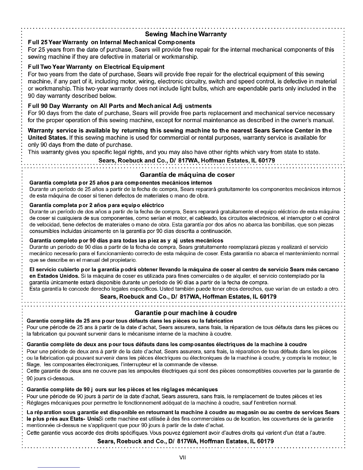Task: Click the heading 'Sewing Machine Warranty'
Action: pos(186,34)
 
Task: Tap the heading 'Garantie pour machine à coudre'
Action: pos(186,313)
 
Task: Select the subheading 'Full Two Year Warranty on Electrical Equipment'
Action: pos(96,67)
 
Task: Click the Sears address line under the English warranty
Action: pos(187,161)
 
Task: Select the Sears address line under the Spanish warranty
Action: pos(188,297)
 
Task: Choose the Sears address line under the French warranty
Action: pos(186,441)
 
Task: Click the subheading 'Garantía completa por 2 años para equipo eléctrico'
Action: pos(97,205)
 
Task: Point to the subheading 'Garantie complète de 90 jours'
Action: pos(122,389)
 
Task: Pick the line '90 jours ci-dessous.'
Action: pos(50,379)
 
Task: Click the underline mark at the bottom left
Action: pos(59,467)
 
